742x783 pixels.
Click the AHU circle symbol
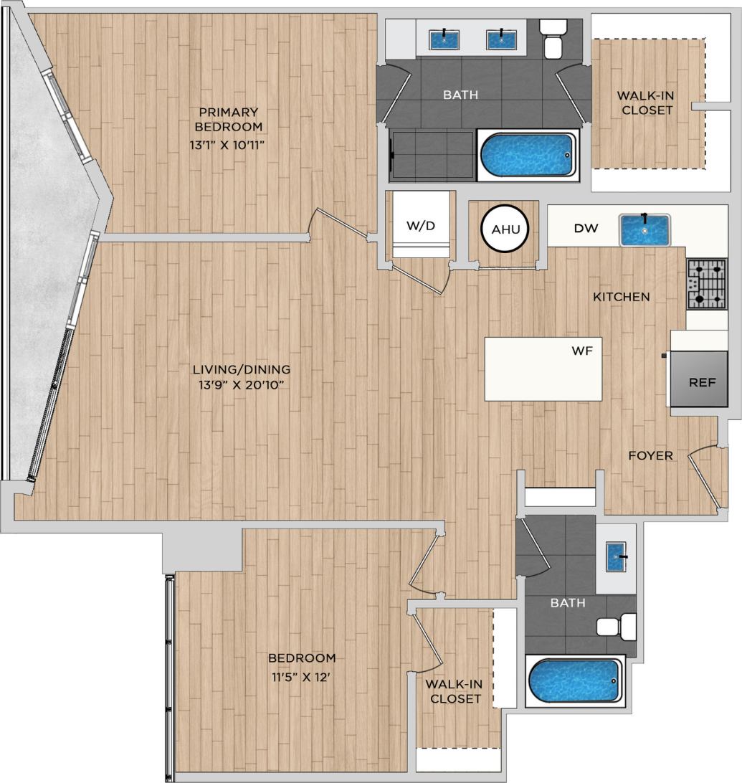pyautogui.click(x=504, y=229)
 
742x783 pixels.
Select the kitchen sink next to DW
pyautogui.click(x=645, y=229)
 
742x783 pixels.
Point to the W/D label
pyautogui.click(x=420, y=226)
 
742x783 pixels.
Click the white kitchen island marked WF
pyautogui.click(x=543, y=369)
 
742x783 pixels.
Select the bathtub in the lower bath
pyautogui.click(x=574, y=680)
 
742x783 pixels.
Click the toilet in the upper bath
pyautogui.click(x=553, y=39)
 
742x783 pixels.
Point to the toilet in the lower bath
pyautogui.click(x=617, y=627)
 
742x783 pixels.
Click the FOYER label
pyautogui.click(x=650, y=455)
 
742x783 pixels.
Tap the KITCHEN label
pyautogui.click(x=621, y=296)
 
